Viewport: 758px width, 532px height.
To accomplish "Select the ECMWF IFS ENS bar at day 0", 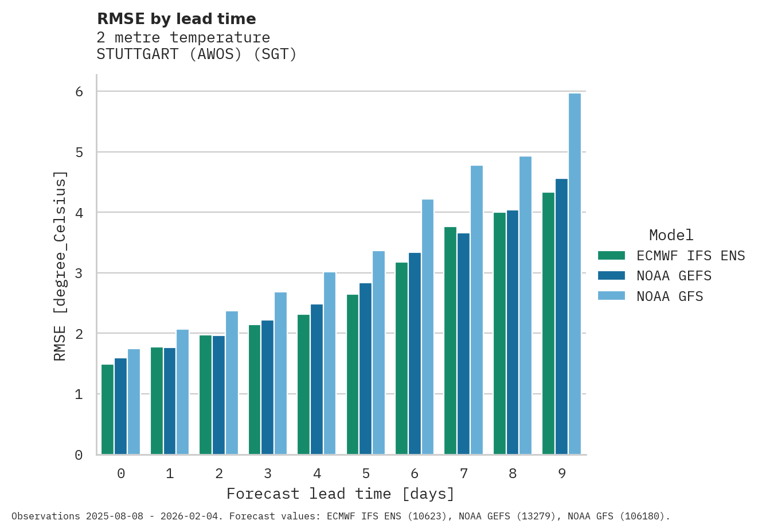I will point(107,409).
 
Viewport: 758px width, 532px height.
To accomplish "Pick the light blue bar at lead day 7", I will point(476,310).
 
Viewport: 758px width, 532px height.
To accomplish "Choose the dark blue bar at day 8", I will point(512,332).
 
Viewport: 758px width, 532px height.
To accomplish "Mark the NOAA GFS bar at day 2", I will point(232,383).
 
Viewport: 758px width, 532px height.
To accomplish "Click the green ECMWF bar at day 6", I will point(401,358).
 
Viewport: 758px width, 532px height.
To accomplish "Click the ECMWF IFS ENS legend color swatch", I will point(611,256).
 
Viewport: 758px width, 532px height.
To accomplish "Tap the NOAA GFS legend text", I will point(670,296).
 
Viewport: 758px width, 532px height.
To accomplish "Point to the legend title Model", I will point(671,235).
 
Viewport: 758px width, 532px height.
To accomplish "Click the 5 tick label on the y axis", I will point(79,152).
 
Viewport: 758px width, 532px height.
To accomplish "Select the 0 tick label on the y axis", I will point(79,455).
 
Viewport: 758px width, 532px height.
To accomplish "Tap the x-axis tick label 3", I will point(268,474).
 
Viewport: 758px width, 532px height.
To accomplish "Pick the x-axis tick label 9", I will point(562,474).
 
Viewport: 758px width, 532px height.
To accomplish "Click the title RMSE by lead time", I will point(176,19).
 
